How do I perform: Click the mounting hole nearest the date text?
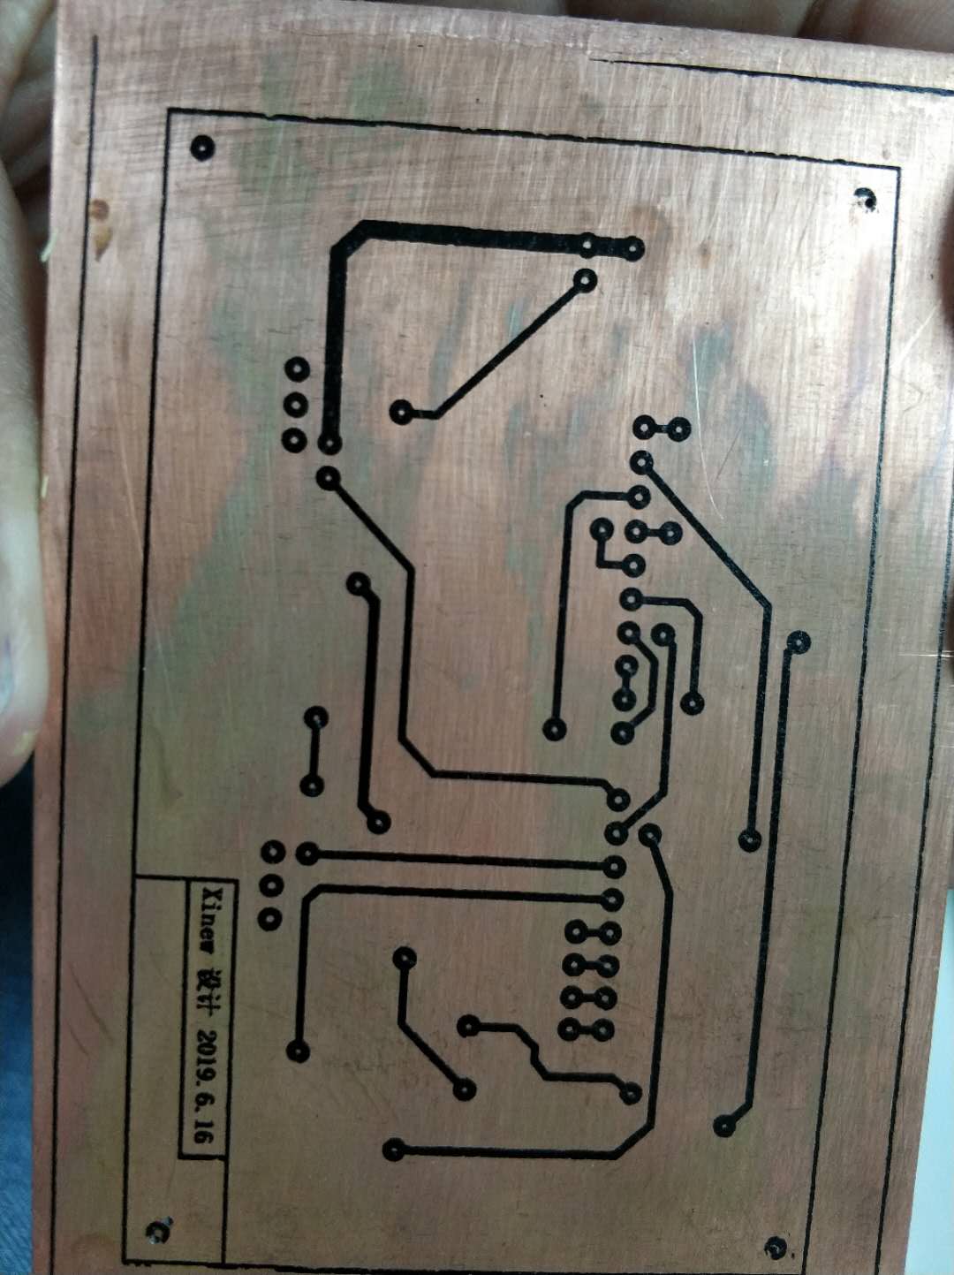pos(160,1229)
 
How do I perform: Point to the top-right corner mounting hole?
pos(865,198)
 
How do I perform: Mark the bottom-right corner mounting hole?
pos(776,1246)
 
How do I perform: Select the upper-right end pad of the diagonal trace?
pos(585,281)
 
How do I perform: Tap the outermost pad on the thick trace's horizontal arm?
pos(632,247)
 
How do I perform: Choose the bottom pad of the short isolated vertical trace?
pos(312,785)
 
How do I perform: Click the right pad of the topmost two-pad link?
pos(679,429)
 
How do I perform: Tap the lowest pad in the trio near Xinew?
pos(269,919)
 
